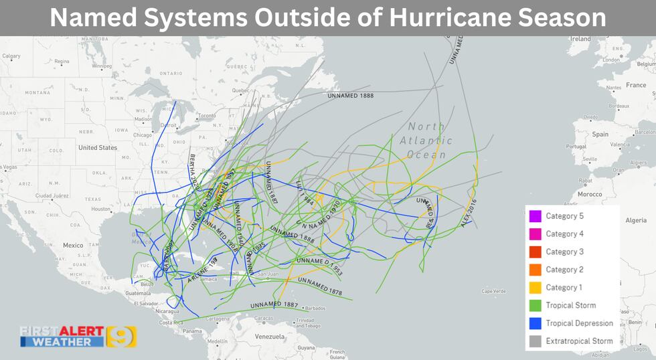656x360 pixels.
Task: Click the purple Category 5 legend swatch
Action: (534, 216)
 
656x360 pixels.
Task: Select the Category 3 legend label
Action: (564, 252)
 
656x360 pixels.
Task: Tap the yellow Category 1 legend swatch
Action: (534, 287)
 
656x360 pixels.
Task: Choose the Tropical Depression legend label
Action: (579, 323)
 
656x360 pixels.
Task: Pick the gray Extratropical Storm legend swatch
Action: (534, 341)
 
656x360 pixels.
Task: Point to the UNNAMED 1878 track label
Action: (320, 286)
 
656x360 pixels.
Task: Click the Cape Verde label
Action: (494, 291)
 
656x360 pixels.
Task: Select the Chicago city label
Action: (143, 134)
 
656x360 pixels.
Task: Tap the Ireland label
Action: (580, 39)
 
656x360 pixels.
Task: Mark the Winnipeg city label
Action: (101, 66)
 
